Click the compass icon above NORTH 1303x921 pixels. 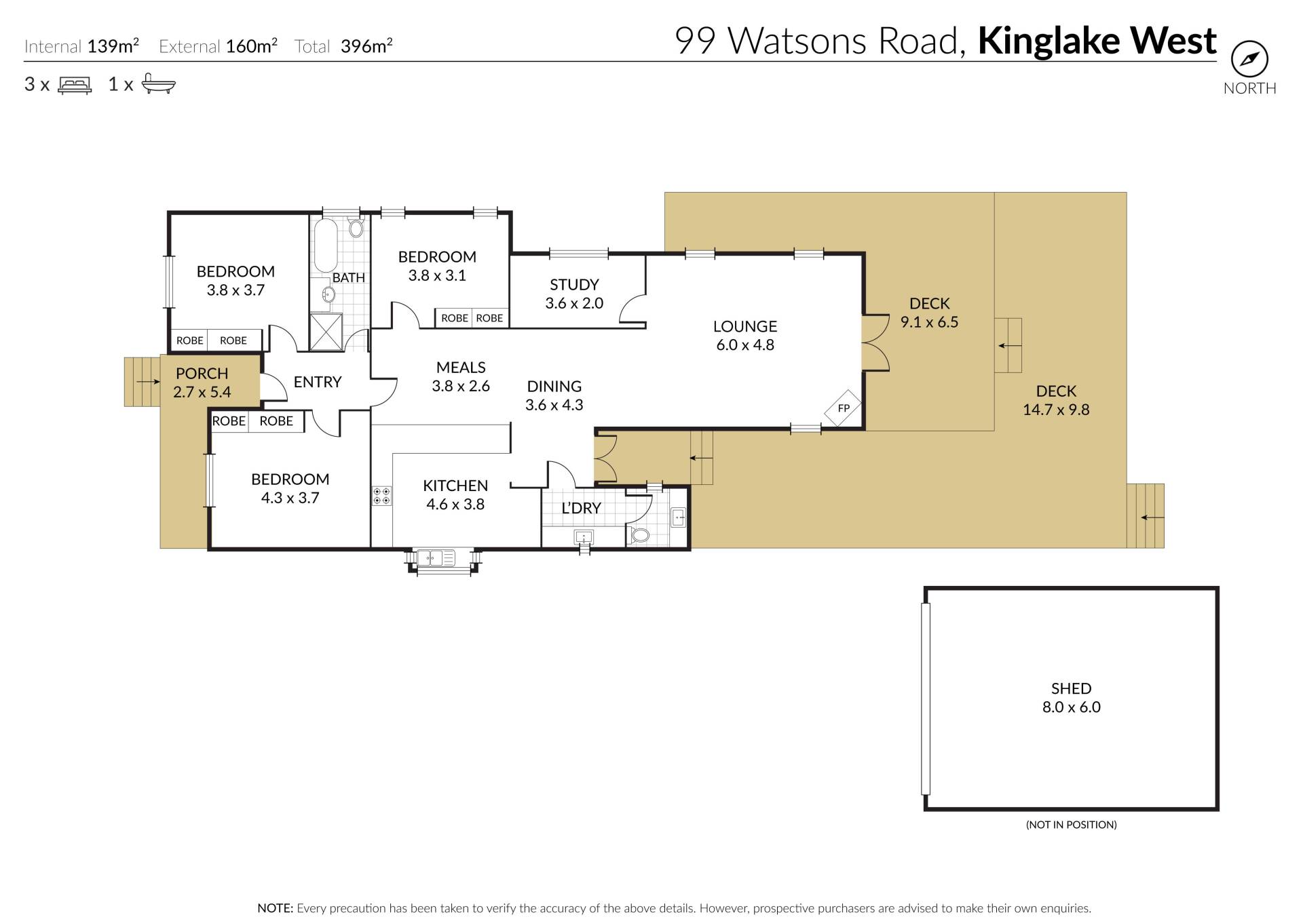point(1249,60)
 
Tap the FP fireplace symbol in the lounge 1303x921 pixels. point(843,408)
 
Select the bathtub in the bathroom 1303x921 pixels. point(326,245)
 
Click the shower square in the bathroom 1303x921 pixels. point(326,332)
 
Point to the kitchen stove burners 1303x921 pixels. point(381,495)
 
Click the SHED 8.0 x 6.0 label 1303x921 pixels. point(1072,698)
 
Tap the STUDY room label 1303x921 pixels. point(574,284)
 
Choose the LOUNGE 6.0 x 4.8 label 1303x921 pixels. point(745,335)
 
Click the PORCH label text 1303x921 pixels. point(202,373)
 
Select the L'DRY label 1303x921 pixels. point(581,508)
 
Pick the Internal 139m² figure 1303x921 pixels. point(81,46)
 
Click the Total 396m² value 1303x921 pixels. point(343,46)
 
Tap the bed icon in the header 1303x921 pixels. point(75,85)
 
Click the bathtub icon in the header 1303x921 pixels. point(159,84)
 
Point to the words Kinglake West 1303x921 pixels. point(1097,41)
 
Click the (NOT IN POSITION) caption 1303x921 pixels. point(1072,825)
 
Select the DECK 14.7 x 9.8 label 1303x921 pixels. point(1056,400)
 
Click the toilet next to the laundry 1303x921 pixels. point(639,535)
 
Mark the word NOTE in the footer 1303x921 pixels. point(275,908)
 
